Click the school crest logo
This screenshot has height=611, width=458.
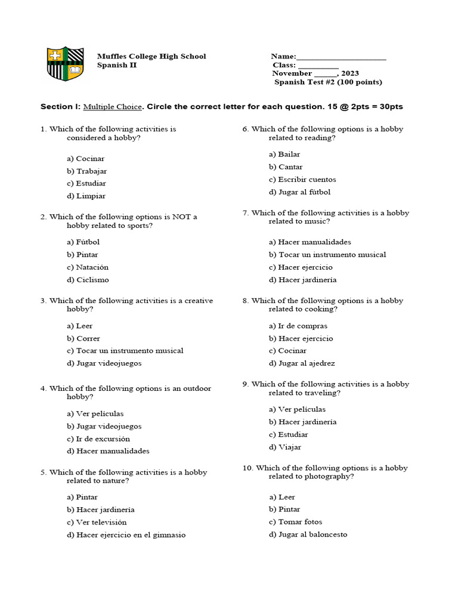click(x=65, y=64)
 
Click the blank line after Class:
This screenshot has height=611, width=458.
click(x=318, y=66)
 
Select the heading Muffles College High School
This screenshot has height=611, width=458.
click(x=151, y=56)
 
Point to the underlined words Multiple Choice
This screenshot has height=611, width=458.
click(x=113, y=107)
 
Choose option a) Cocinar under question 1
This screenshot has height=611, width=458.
click(x=86, y=159)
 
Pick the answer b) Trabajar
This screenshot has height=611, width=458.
click(x=87, y=171)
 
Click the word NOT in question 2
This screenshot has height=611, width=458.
click(x=182, y=217)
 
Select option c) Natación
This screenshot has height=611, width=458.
click(x=88, y=267)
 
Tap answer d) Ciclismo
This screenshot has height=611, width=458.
click(x=88, y=280)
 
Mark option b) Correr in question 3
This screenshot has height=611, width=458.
click(x=83, y=338)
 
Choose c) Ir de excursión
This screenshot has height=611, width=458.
click(x=98, y=439)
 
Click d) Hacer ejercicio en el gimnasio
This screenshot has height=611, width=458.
click(x=126, y=535)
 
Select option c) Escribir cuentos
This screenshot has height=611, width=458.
click(x=302, y=179)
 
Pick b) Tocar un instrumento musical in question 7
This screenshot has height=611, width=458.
click(x=327, y=255)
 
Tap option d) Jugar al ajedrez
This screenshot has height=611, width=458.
click(x=302, y=363)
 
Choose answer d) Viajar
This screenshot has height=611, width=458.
click(x=285, y=447)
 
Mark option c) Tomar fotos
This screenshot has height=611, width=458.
click(x=295, y=522)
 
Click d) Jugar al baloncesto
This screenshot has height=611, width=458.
click(x=308, y=535)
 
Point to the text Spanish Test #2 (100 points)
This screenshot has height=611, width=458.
click(x=328, y=82)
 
